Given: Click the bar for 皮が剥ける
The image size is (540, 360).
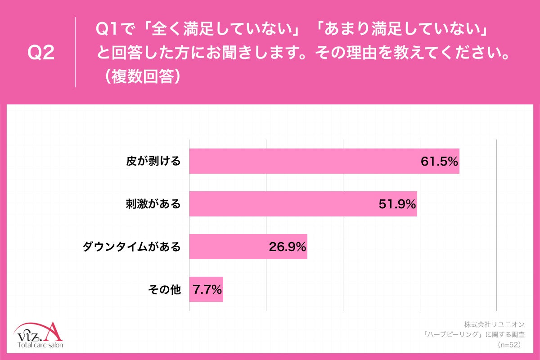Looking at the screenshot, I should [x=301, y=161].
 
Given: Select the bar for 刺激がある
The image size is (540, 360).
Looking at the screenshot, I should [x=279, y=204].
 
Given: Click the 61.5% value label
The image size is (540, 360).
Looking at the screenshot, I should [x=439, y=162].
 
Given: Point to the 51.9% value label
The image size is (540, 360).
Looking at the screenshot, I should [x=396, y=204].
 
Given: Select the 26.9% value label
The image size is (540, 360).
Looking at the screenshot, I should [x=288, y=247].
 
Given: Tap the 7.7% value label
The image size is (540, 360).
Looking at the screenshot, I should [x=207, y=290].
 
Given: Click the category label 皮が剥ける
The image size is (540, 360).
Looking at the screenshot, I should [x=153, y=162].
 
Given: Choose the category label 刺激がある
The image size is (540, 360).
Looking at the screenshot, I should [x=153, y=204].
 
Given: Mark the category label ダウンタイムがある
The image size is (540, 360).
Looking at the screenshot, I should [x=131, y=247].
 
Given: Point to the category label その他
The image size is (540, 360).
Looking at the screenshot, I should [x=164, y=290].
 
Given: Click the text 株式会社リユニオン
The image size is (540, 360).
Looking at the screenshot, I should [x=494, y=324].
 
